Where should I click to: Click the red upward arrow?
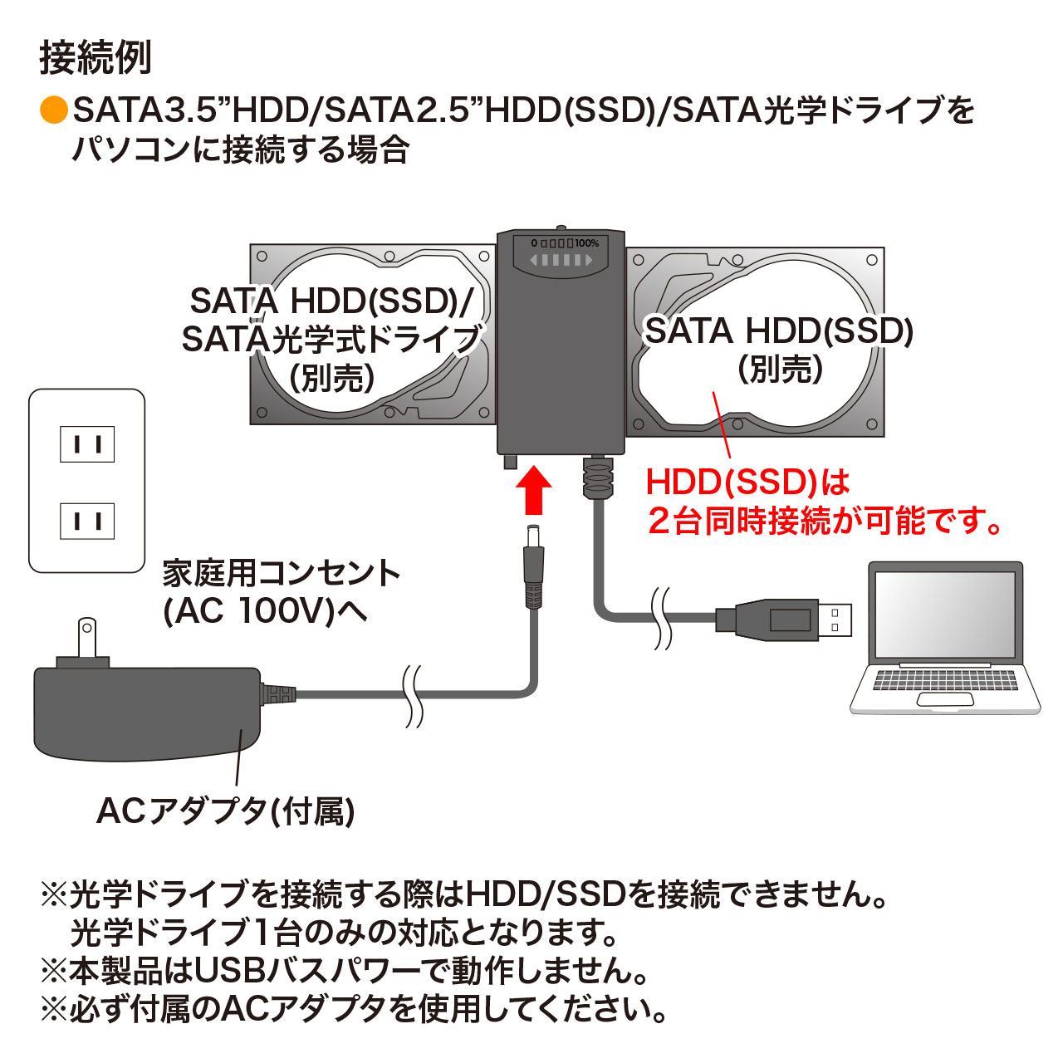[x=533, y=490]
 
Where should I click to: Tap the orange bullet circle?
[x=54, y=110]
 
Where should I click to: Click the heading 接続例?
[x=96, y=57]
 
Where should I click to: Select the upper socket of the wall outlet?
[x=87, y=443]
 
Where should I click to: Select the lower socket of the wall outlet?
[x=87, y=521]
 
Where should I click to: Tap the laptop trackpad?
[x=945, y=699]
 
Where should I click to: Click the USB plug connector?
[x=783, y=620]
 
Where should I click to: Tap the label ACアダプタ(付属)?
[x=226, y=811]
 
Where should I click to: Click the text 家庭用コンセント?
[x=281, y=574]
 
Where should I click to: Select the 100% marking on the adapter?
[x=587, y=242]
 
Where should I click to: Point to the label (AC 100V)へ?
[x=266, y=611]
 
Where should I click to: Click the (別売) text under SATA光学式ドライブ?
[x=332, y=378]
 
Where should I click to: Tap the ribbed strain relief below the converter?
[x=598, y=476]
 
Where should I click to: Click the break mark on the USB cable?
[x=661, y=618]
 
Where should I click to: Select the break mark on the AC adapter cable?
[x=414, y=697]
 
